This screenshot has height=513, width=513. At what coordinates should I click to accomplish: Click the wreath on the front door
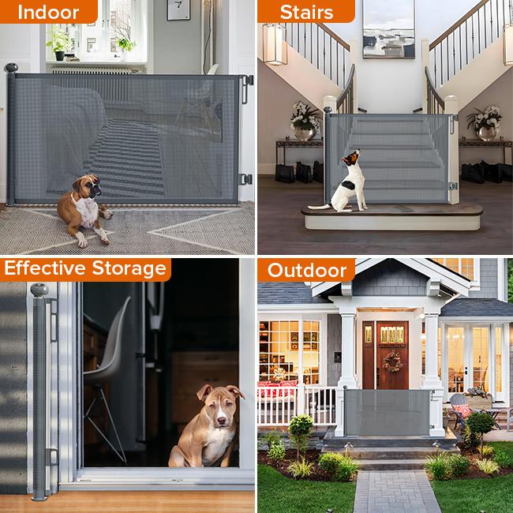click(391, 361)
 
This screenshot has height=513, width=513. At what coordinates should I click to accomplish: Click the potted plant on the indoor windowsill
click(59, 43)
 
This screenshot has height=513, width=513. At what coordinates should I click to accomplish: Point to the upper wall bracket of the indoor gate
click(247, 82)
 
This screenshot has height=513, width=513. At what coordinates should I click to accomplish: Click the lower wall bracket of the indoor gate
click(246, 179)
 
